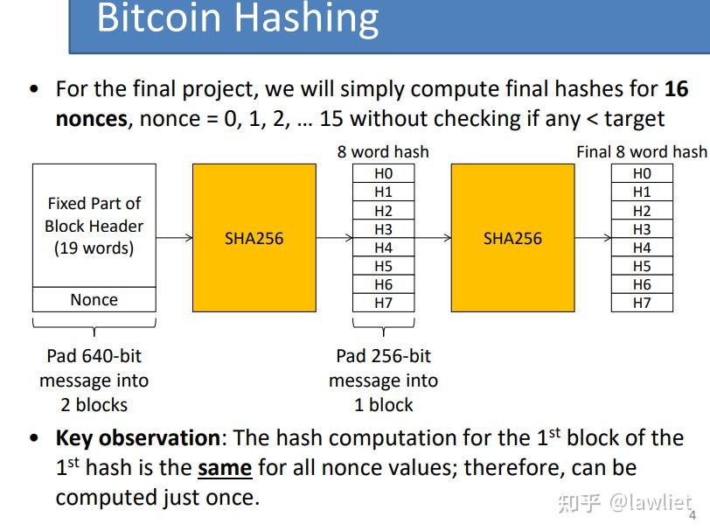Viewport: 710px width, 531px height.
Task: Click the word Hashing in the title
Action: [x=306, y=19]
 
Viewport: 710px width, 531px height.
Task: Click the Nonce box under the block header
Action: [x=94, y=299]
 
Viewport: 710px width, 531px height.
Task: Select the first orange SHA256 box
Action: [x=254, y=238]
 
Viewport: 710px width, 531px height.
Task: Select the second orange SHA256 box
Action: [x=513, y=238]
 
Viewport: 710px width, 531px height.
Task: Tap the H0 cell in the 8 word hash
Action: [x=384, y=173]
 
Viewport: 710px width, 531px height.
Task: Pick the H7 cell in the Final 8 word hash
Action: [x=642, y=303]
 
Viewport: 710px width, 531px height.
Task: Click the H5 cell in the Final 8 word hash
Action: [x=642, y=266]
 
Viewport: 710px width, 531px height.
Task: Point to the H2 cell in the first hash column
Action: [x=384, y=211]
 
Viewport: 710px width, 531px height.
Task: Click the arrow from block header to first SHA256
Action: [x=174, y=237]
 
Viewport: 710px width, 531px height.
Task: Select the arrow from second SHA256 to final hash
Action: [x=593, y=237]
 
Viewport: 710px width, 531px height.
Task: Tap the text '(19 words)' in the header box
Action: [x=94, y=248]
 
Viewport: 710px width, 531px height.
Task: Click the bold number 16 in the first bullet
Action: [x=677, y=88]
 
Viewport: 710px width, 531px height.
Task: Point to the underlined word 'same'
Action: [x=225, y=467]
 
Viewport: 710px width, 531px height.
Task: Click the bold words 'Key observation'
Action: [x=138, y=438]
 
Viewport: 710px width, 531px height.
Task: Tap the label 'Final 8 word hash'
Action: [x=642, y=152]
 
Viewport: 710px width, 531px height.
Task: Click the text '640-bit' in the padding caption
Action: [x=112, y=356]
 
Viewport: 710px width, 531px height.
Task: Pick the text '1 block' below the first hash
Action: [x=384, y=405]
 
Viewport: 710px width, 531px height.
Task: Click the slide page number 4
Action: [x=693, y=515]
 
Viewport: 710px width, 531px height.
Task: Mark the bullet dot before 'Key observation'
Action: [x=34, y=438]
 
